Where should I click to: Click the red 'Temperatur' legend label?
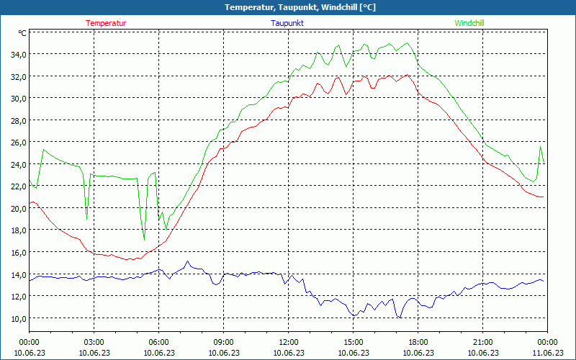click(106, 23)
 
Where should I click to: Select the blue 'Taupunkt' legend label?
click(287, 23)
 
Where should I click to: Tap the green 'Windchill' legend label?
click(469, 23)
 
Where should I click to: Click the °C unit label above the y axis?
click(22, 33)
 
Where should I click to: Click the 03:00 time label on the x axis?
click(94, 342)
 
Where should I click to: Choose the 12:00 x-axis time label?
click(288, 342)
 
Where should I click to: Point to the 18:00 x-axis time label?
click(418, 342)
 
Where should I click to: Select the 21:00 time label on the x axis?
click(482, 342)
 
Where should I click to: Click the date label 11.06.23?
click(547, 352)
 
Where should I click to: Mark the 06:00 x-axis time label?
click(158, 342)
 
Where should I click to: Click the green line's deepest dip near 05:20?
click(144, 240)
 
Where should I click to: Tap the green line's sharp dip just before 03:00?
click(86, 219)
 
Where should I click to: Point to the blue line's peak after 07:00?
click(187, 261)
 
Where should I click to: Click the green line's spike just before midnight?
click(541, 147)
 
